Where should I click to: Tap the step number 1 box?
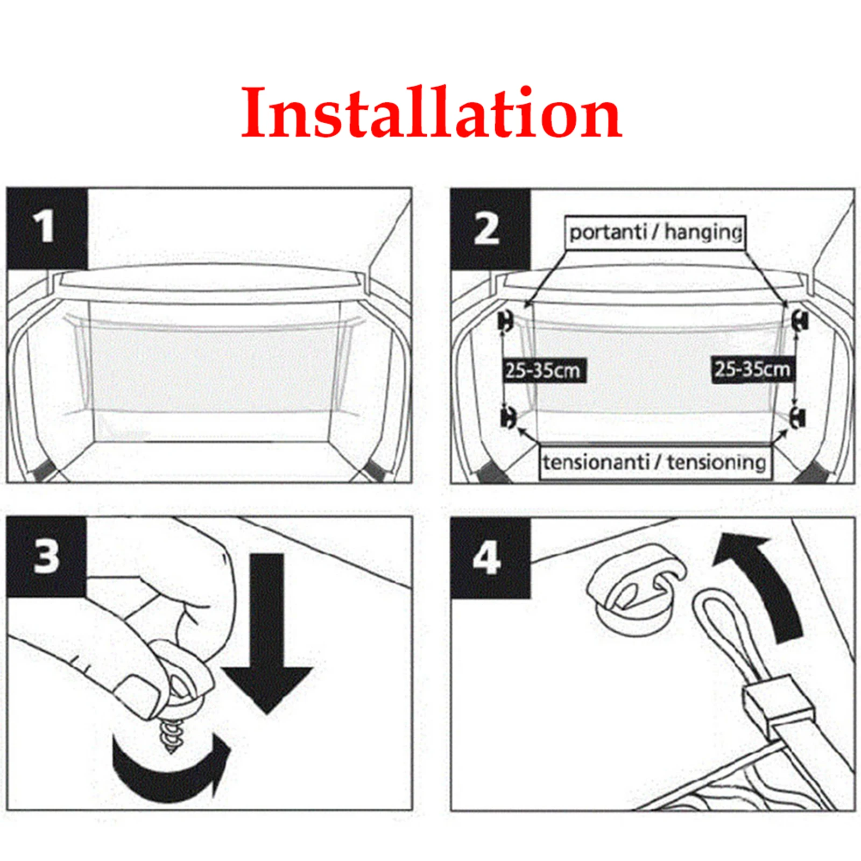coord(46,228)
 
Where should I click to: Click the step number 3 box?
coord(46,556)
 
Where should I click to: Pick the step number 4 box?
coord(490,559)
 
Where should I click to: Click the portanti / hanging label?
coord(655,233)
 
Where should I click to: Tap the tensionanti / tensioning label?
coord(655,462)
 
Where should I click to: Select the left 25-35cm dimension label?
coord(543,371)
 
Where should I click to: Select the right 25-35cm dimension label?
coord(752,369)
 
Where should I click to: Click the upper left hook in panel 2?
coord(506,321)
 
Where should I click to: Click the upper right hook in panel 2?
coord(800,321)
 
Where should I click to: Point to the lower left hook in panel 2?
coord(507,417)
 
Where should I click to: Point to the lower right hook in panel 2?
coord(798,417)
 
